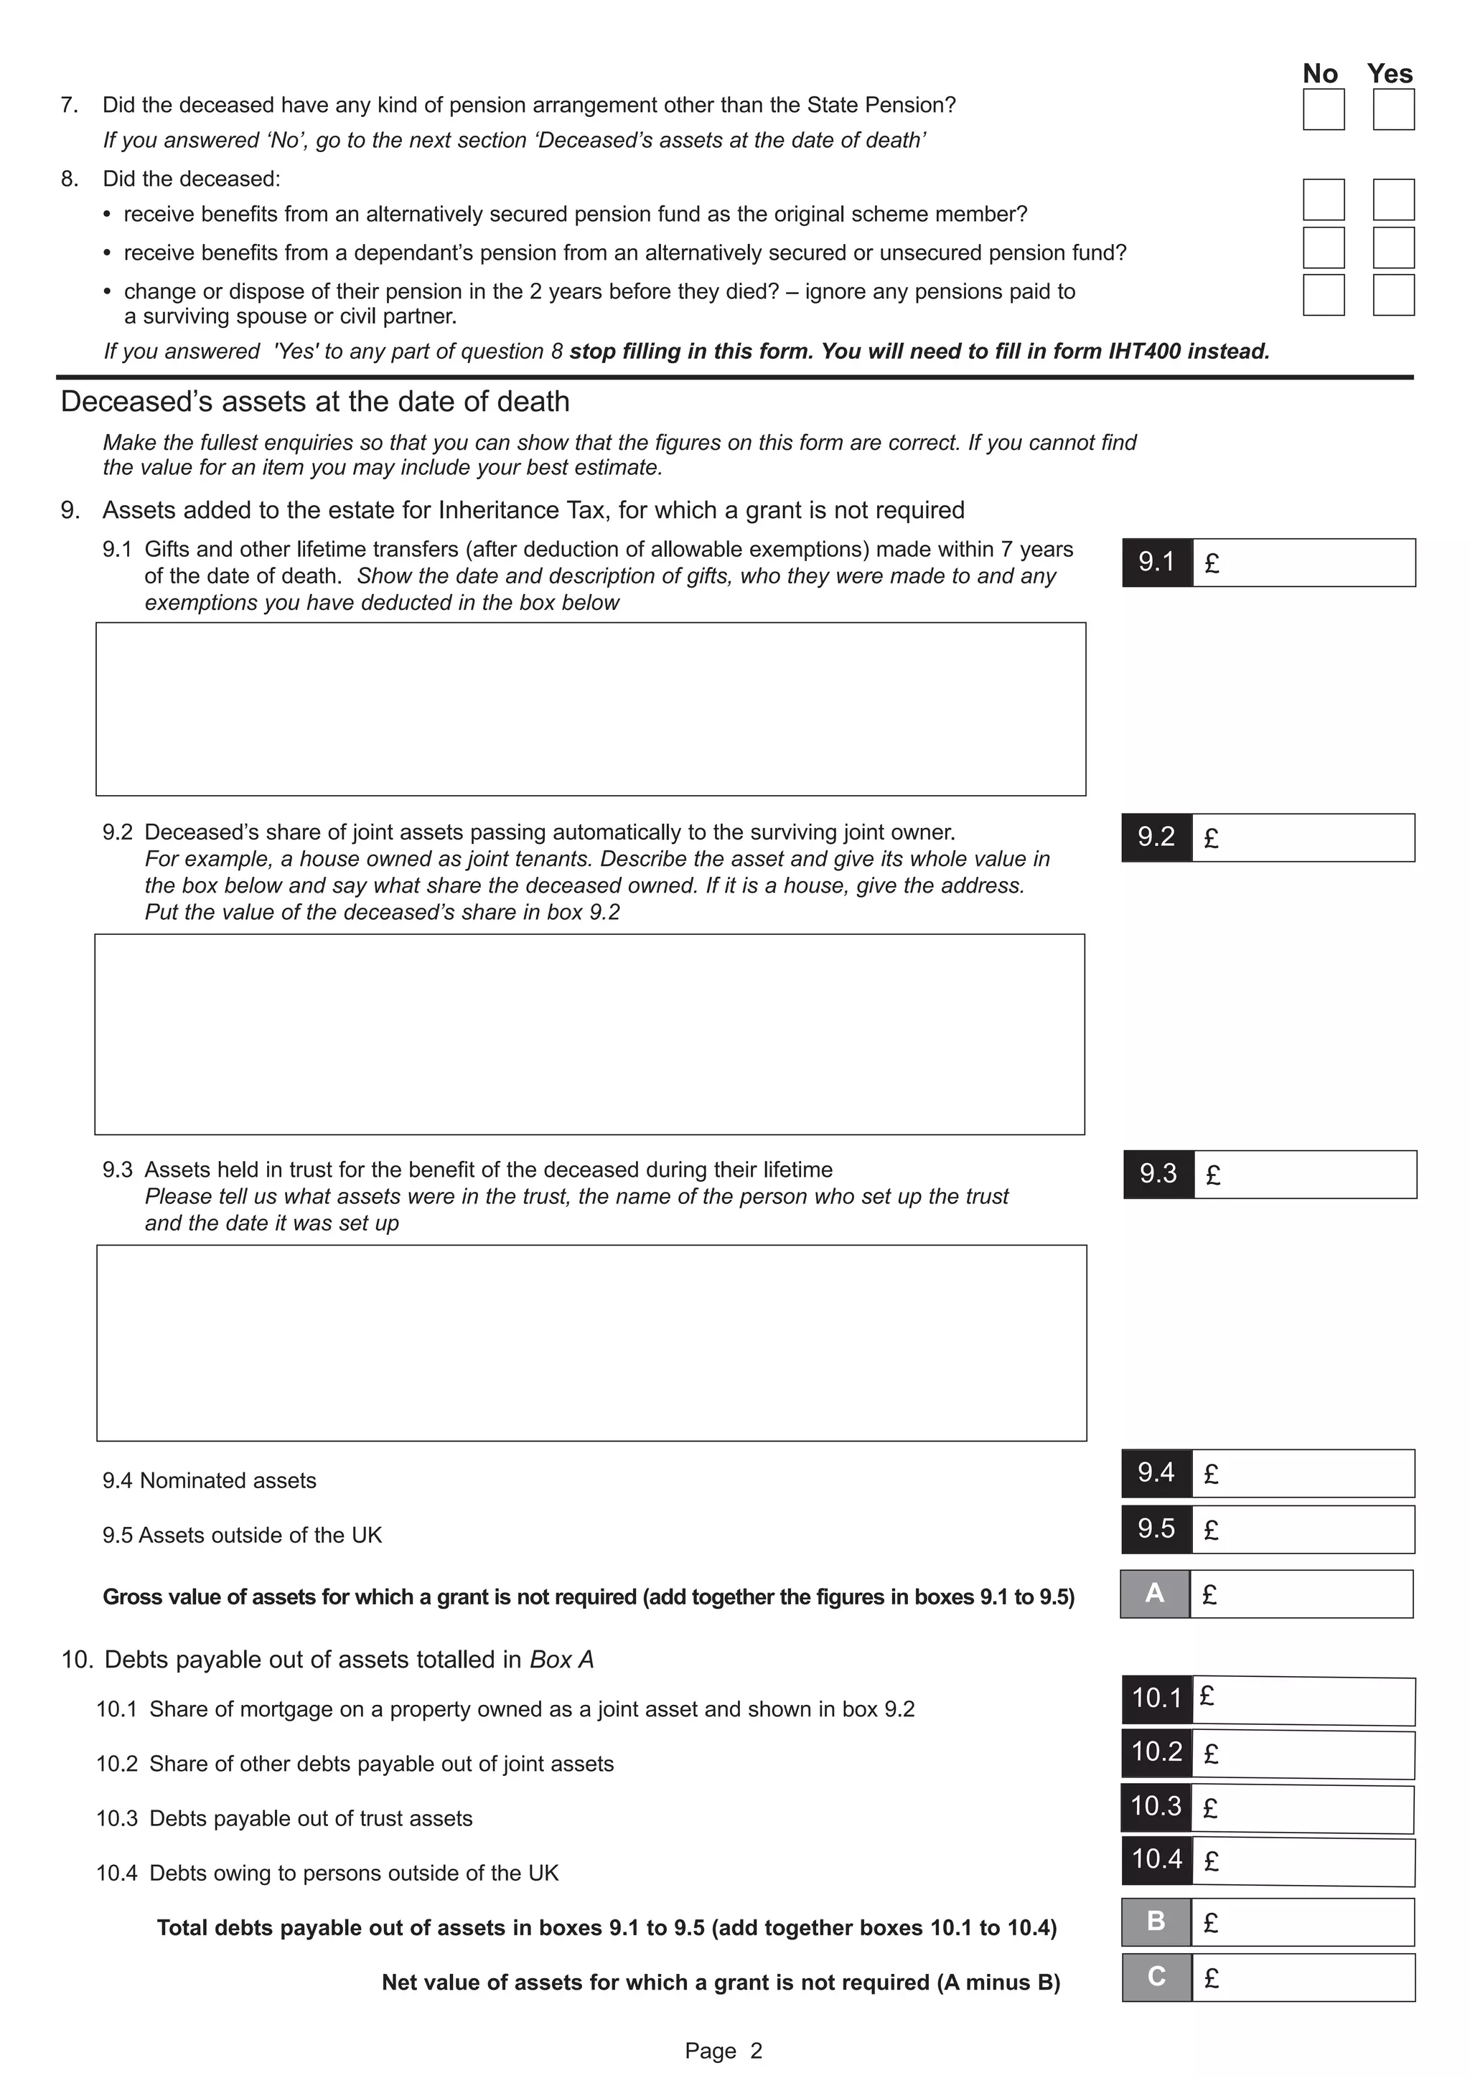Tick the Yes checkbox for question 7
1393,110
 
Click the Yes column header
1390,73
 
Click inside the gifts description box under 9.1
590,709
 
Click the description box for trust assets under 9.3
591,1343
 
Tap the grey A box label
1155,1594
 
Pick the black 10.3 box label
1156,1807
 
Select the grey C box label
1156,1978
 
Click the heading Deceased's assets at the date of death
315,401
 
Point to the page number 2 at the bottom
756,2051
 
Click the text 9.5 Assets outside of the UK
242,1535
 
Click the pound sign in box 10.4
1211,1862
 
